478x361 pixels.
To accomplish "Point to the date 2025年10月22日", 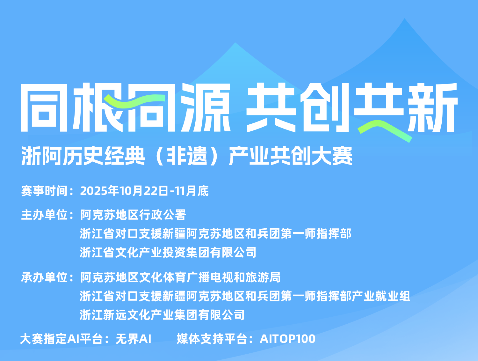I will point(124,191).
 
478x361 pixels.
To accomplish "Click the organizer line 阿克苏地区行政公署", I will point(133,215).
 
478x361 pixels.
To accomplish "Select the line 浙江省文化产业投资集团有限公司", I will point(168,253).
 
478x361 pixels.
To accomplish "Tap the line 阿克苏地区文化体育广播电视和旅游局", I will point(180,277).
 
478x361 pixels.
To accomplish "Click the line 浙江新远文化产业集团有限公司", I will point(162,315).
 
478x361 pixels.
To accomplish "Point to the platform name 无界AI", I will point(133,339).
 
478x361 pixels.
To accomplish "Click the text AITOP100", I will point(287,339).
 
